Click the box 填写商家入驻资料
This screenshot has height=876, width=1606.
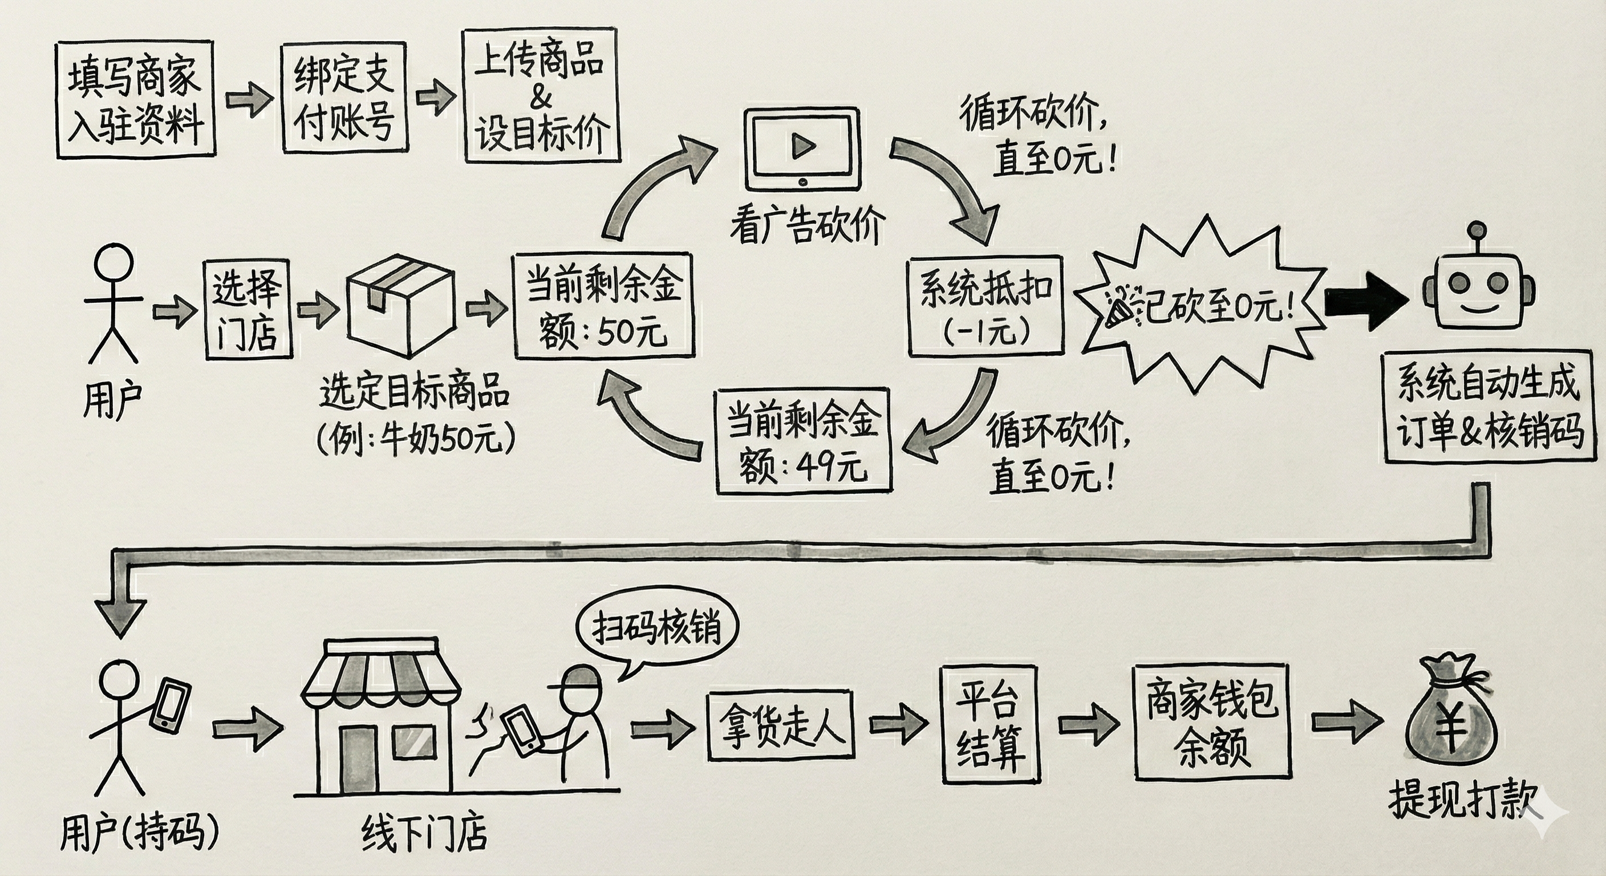(x=135, y=99)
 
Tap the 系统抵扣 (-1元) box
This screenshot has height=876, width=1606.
(x=985, y=306)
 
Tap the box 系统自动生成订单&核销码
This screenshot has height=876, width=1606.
(x=1489, y=407)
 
